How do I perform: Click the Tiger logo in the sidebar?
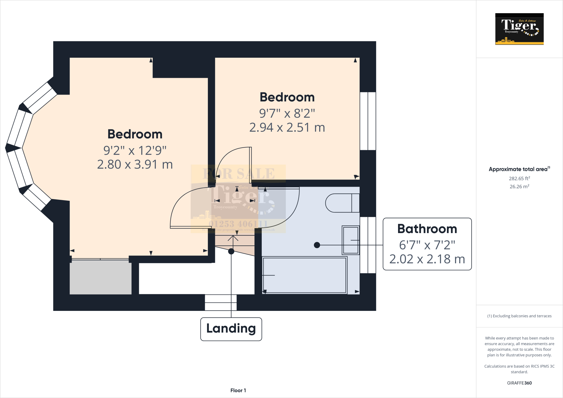point(519,29)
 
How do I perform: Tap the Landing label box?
point(231,329)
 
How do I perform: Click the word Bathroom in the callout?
point(427,229)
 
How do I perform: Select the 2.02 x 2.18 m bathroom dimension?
point(427,259)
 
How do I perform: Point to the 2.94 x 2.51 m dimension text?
point(287,128)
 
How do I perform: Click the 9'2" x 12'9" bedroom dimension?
point(135,151)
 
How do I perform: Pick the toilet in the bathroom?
point(342,203)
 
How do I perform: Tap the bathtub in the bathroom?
point(304,275)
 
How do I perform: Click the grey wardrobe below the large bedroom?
point(100,277)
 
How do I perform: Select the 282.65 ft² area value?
point(519,178)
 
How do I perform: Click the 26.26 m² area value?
point(519,187)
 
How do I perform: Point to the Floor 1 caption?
point(238,390)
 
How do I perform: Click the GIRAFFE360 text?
point(519,383)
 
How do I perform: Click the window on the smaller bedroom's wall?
point(368,121)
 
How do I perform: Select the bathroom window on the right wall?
point(368,245)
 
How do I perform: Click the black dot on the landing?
point(231,251)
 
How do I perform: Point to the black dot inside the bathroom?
point(317,245)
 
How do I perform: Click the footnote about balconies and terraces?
point(519,316)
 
